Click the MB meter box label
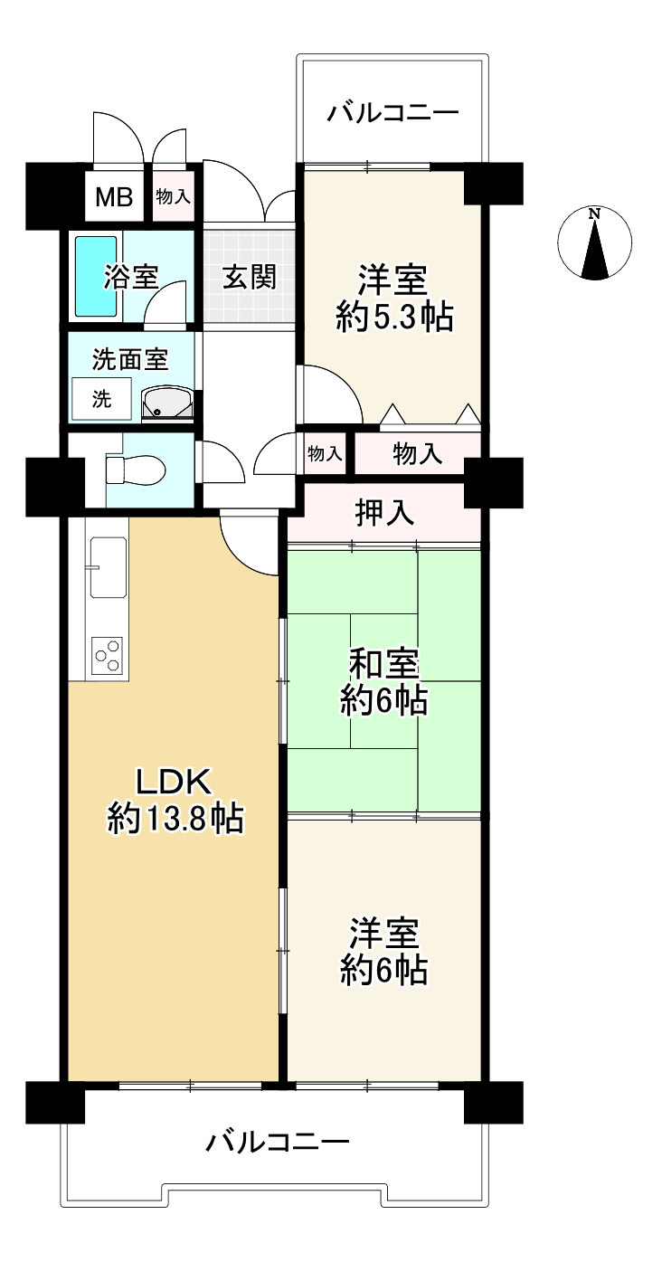(114, 197)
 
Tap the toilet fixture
(136, 470)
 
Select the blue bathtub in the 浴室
(97, 276)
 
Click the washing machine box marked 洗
(102, 399)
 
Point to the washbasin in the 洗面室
(168, 403)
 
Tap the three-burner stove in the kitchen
(108, 655)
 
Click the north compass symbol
(594, 243)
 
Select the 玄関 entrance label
(249, 277)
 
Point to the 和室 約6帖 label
(383, 682)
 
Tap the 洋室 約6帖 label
(383, 952)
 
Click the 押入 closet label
(384, 513)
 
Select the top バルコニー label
(393, 113)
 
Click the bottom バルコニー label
(278, 1139)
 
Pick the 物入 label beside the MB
(173, 197)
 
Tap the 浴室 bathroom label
(131, 277)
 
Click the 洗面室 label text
(131, 359)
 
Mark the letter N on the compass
(594, 213)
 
